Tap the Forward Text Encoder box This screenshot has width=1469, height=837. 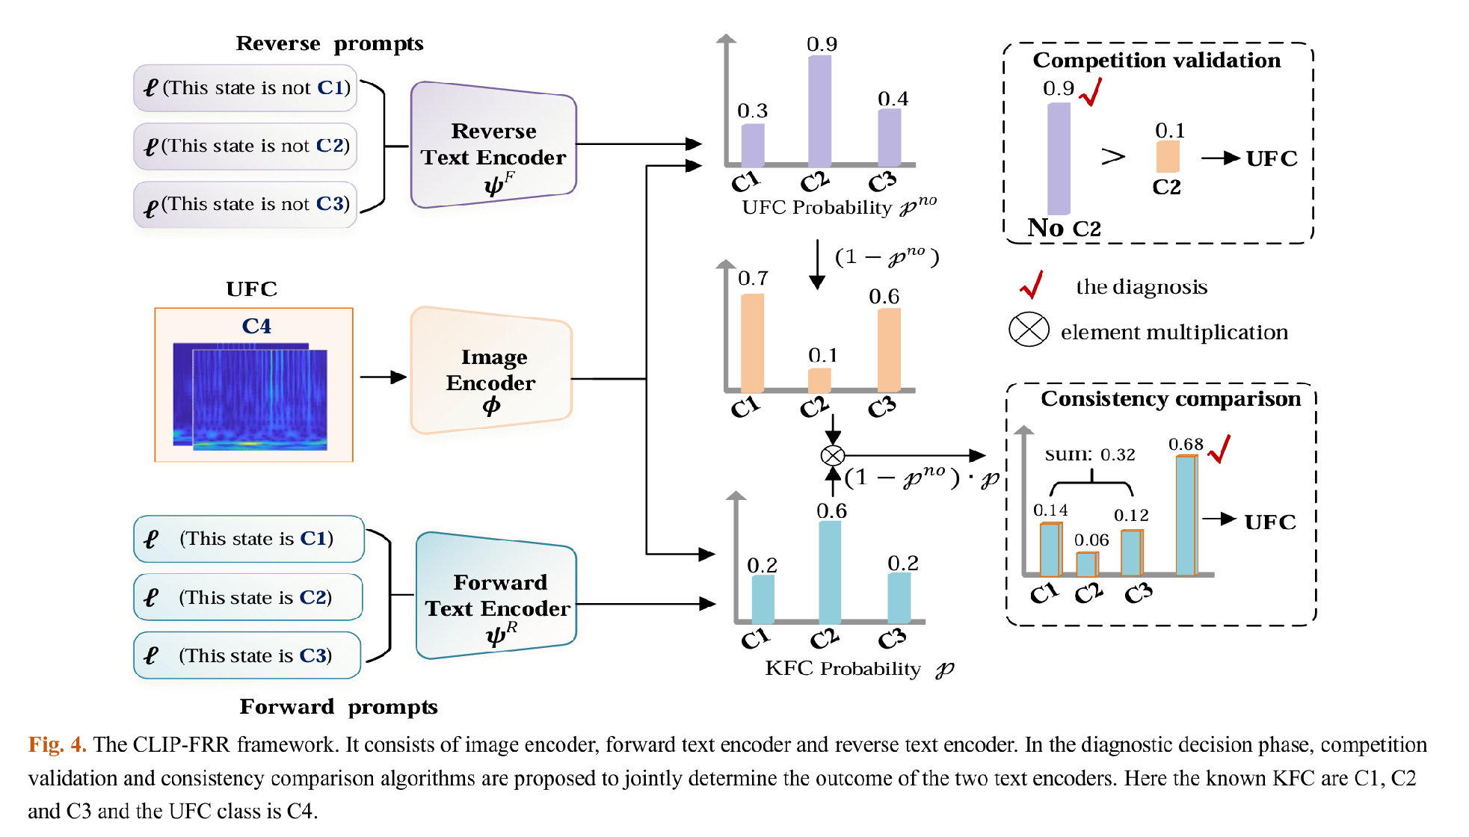[x=497, y=596]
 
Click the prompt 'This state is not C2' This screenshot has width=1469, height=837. [x=246, y=146]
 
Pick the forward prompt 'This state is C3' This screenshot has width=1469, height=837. [x=247, y=655]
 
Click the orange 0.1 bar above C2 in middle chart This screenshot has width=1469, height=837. [x=819, y=380]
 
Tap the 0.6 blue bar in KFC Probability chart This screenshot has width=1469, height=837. [x=829, y=572]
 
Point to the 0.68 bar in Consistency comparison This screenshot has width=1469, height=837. [x=1186, y=516]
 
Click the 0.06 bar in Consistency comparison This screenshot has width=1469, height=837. [x=1086, y=564]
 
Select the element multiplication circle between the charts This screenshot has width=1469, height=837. [x=832, y=455]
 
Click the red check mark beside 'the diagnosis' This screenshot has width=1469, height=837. [x=1032, y=285]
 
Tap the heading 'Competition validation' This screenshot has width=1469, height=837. [x=1156, y=61]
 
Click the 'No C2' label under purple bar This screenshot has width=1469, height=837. [x=1064, y=228]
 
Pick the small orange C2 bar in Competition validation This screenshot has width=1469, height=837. [x=1167, y=157]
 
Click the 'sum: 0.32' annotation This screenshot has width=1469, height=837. [x=1089, y=454]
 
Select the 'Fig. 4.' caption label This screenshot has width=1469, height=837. [x=57, y=744]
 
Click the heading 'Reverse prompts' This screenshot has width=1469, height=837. [x=330, y=43]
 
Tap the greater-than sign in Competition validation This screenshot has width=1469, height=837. [x=1112, y=157]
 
